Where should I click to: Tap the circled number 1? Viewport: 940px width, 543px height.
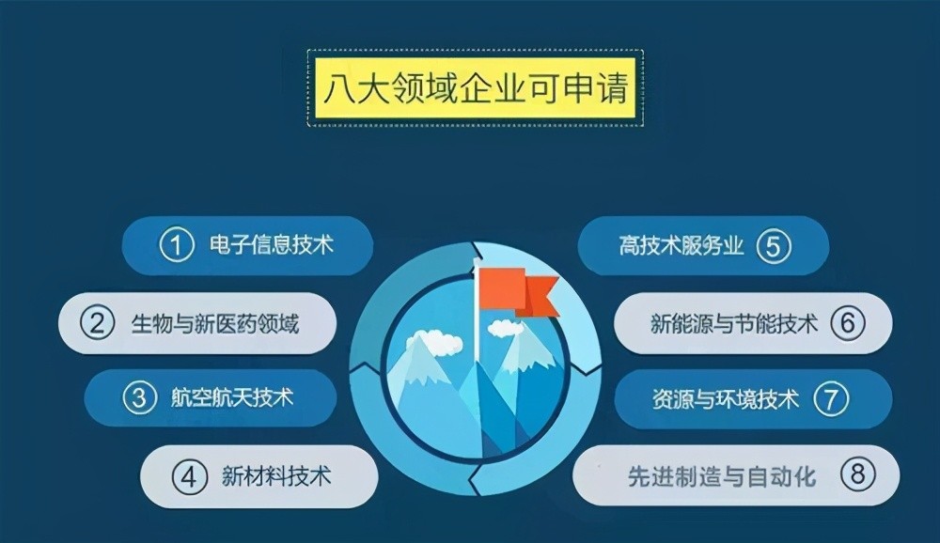[x=176, y=246]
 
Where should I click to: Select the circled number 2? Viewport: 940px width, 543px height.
[x=97, y=323]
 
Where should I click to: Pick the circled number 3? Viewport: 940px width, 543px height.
[x=139, y=397]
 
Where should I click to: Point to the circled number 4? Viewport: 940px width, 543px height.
[x=189, y=476]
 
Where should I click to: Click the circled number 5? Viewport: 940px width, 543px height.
[x=773, y=247]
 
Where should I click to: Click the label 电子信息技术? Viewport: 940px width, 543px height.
[x=272, y=246]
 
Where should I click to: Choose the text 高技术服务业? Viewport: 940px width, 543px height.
[x=681, y=247]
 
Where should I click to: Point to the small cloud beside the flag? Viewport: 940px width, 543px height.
[x=506, y=329]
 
